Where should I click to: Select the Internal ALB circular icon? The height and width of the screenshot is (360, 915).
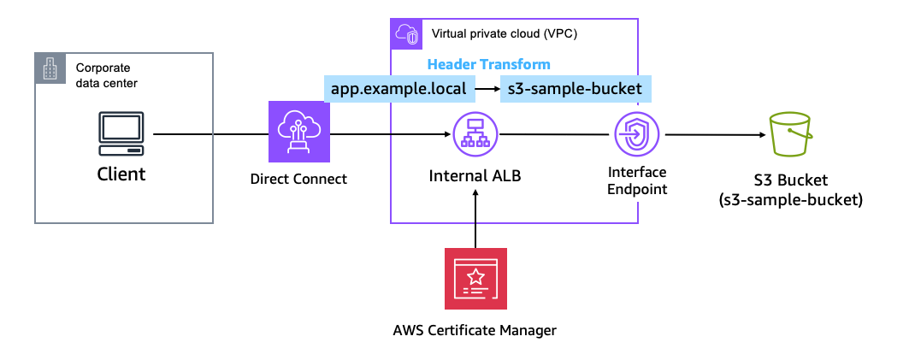pos(475,134)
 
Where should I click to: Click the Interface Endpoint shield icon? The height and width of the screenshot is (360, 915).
pos(636,134)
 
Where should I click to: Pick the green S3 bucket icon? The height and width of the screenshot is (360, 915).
pos(794,134)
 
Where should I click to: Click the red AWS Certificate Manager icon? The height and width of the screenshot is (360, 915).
pos(475,279)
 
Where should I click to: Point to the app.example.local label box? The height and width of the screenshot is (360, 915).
pos(398,88)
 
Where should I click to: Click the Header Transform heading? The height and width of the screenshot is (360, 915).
pos(488,64)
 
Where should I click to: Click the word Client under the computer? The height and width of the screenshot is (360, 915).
pos(121,174)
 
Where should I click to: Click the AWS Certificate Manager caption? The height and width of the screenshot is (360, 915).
pos(475,329)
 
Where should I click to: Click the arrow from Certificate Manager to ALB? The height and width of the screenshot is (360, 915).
pos(475,218)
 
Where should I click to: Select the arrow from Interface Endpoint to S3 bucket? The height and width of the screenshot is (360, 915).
pos(714,134)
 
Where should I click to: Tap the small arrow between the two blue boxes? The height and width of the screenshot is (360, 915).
pos(487,88)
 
